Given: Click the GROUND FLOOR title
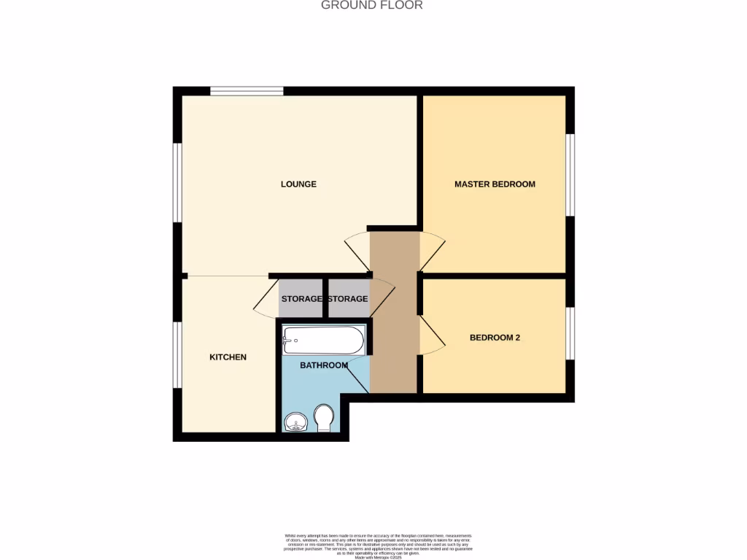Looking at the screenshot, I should pos(372,5).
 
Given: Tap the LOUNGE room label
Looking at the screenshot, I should pos(298,184).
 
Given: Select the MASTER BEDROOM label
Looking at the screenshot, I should pos(495,184).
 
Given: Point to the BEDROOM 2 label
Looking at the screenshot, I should pos(495,338).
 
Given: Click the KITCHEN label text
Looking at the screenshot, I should pos(228,357).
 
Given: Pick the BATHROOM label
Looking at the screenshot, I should pos(324,365).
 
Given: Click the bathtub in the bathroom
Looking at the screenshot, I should pos(322,339).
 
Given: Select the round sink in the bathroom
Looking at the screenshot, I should pos(295,421).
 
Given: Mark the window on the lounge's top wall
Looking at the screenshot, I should pos(247,91).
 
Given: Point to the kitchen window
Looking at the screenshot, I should pos(177,354).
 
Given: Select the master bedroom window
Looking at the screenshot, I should pos(570,175).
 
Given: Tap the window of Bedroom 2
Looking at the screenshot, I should pos(570,333).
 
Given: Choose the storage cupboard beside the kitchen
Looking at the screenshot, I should pos(301,299).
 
